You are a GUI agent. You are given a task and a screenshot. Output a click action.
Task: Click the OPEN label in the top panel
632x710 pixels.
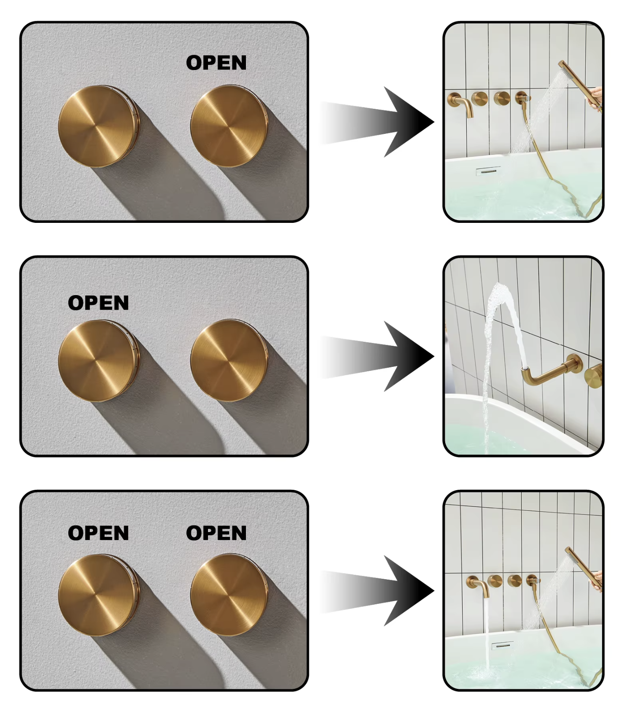tap(216, 63)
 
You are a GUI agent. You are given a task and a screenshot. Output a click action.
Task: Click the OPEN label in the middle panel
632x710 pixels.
tap(98, 303)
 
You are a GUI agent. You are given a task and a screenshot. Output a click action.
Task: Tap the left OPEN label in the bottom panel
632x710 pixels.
tap(98, 533)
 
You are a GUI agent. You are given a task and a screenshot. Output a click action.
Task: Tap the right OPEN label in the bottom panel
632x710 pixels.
tap(216, 533)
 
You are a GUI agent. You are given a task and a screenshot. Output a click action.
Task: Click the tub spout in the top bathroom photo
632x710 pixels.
tap(461, 104)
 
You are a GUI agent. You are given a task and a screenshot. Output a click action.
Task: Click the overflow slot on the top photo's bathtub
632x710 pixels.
tap(488, 170)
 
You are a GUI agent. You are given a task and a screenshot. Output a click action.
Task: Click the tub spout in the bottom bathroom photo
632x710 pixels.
tap(479, 585)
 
